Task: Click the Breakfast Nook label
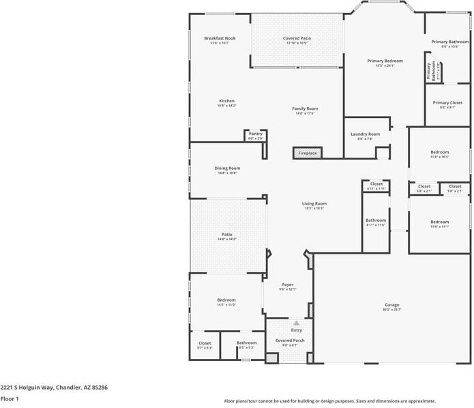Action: click(x=220, y=38)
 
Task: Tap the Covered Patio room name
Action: click(x=297, y=38)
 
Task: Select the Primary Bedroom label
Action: click(x=385, y=61)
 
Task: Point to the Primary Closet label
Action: click(x=447, y=103)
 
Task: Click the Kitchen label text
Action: click(x=226, y=101)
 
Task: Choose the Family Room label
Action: click(x=305, y=108)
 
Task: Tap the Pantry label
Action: click(x=255, y=134)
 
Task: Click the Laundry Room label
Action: click(x=366, y=134)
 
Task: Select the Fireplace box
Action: click(x=308, y=153)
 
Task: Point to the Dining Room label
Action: click(x=227, y=168)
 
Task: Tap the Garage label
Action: click(x=391, y=305)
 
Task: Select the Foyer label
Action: click(x=287, y=285)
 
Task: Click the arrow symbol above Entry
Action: click(x=296, y=323)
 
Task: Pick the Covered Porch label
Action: click(x=290, y=340)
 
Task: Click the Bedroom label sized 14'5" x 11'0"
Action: click(x=226, y=300)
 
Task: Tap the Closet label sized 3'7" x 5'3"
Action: click(x=205, y=343)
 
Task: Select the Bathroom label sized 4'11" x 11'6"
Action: click(x=375, y=220)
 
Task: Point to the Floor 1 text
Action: click(x=9, y=398)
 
